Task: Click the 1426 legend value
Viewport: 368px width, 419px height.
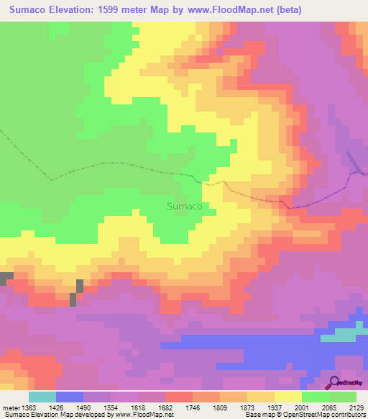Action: coord(63,407)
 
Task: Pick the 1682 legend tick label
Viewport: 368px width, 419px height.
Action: coord(165,407)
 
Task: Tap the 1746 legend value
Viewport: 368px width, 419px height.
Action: coord(191,407)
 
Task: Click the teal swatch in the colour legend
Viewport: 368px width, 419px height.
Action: coord(42,397)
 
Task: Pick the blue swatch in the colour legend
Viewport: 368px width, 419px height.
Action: coord(70,397)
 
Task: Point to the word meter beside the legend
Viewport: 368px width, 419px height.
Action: coord(11,407)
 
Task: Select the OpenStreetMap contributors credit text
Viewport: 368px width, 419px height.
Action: coord(316,415)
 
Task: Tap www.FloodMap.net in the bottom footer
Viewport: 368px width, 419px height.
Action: coord(144,415)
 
